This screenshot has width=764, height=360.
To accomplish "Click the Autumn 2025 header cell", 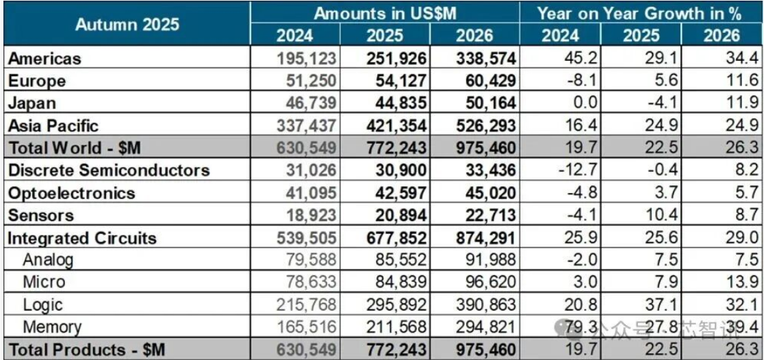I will point(127,25).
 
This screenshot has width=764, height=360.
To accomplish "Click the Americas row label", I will point(44,59).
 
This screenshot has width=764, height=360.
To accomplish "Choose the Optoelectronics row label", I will point(71,193).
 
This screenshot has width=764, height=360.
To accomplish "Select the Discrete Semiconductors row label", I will point(108,170).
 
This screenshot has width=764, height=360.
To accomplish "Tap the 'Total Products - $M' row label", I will point(87,349).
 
